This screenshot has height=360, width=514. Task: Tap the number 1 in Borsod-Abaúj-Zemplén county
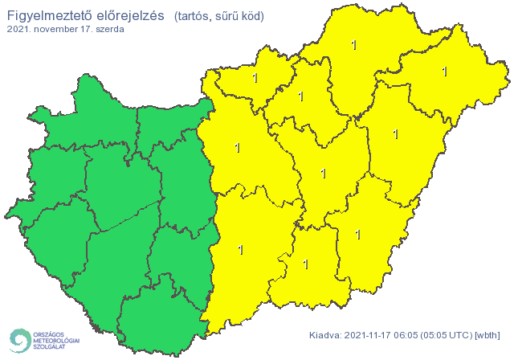354,45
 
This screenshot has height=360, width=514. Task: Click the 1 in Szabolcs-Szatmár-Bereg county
444,72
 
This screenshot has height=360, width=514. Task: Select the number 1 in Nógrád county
255,78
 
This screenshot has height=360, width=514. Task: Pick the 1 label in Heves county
301,96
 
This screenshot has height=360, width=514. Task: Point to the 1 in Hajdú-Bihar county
396,134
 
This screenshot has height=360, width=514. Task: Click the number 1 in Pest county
237,147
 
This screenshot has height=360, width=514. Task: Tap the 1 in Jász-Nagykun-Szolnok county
324,173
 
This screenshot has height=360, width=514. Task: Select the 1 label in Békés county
358,235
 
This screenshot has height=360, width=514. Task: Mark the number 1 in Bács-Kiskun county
240,250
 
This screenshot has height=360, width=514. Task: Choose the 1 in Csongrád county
305,264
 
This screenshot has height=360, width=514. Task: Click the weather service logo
44,340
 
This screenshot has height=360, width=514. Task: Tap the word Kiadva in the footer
325,335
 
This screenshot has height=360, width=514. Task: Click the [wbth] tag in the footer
487,335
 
